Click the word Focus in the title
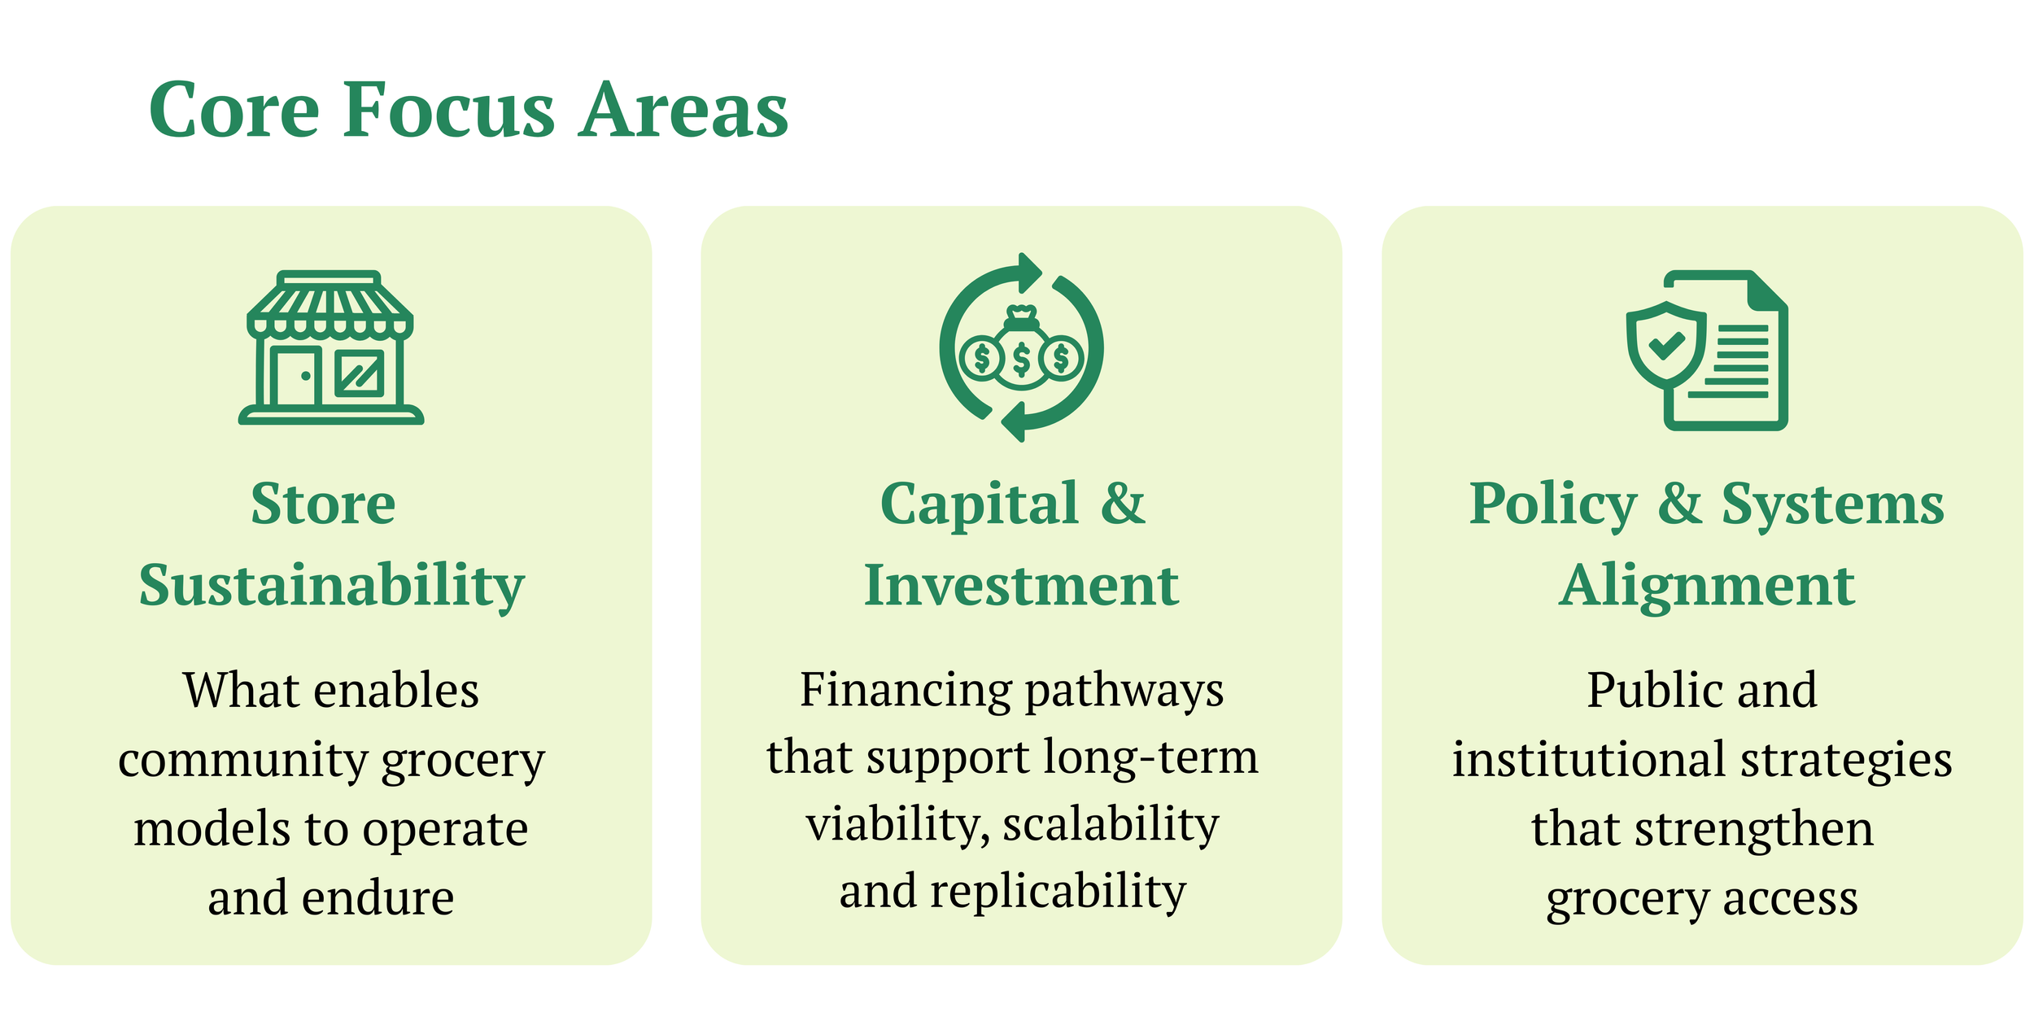pyautogui.click(x=449, y=110)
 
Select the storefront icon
pyautogui.click(x=330, y=347)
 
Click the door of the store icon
pyautogui.click(x=294, y=376)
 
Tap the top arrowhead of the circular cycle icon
pyautogui.click(x=1029, y=271)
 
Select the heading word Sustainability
pyautogui.click(x=331, y=586)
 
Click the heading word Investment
pyautogui.click(x=1021, y=586)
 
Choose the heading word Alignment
pyautogui.click(x=1707, y=586)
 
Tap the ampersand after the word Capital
pyautogui.click(x=1123, y=503)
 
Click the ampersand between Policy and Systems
pyautogui.click(x=1680, y=503)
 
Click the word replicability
pyautogui.click(x=1058, y=892)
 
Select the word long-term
pyautogui.click(x=1151, y=757)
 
